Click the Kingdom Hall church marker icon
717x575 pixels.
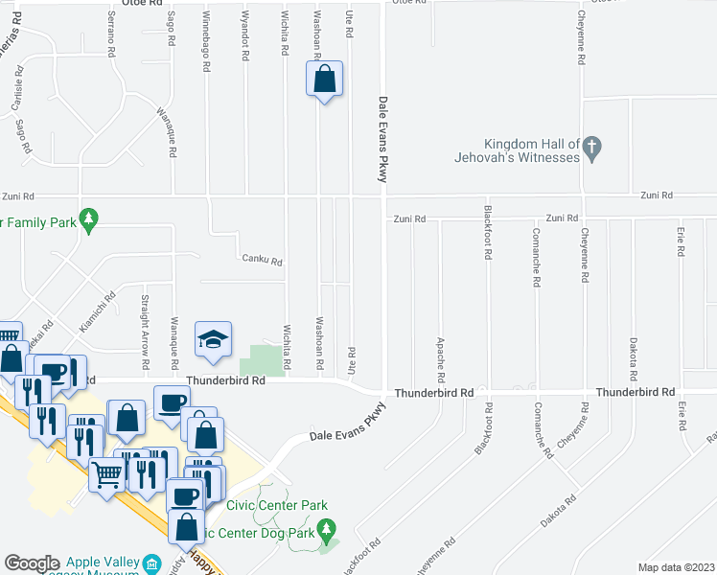(x=592, y=148)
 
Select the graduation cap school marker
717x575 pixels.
(x=214, y=339)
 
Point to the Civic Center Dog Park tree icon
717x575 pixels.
(x=326, y=528)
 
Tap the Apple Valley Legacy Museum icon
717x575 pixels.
(x=152, y=563)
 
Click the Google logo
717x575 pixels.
(x=32, y=563)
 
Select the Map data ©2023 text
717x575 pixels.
(x=676, y=567)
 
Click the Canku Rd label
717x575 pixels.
(x=262, y=261)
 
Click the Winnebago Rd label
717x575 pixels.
(x=206, y=43)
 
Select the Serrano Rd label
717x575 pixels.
(x=112, y=36)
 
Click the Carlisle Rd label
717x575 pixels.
(x=17, y=93)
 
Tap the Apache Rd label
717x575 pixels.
(x=440, y=355)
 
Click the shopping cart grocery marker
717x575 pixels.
(x=105, y=473)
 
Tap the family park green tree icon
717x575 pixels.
(x=89, y=219)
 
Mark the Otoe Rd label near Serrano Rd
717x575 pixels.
(x=139, y=4)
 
